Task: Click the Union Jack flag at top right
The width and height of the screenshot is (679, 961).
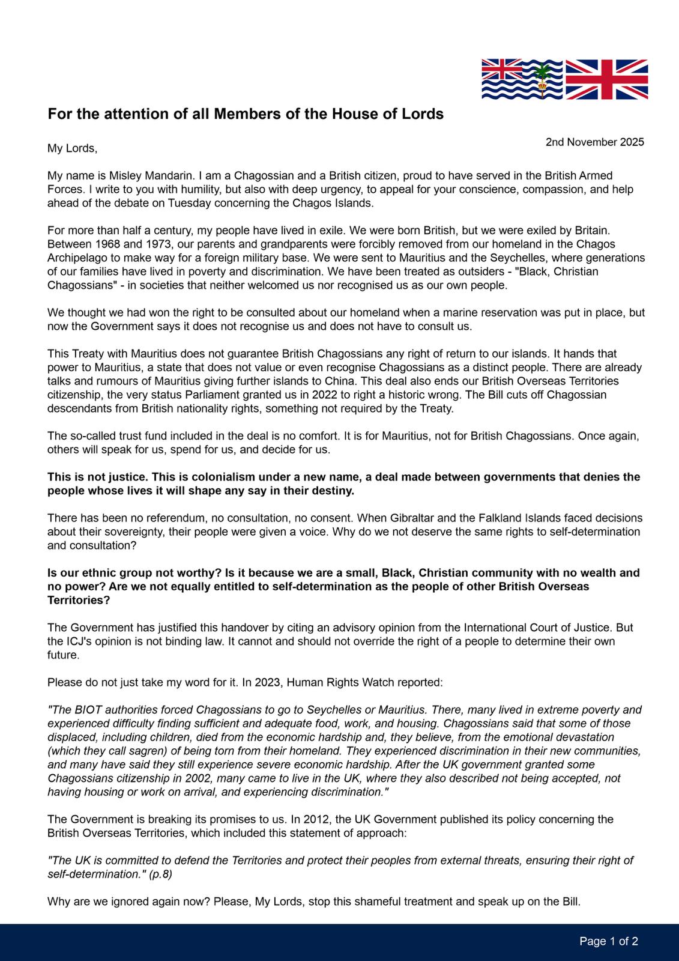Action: [607, 79]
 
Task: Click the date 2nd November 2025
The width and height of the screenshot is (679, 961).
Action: [594, 142]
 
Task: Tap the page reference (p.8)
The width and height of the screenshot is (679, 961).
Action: [160, 875]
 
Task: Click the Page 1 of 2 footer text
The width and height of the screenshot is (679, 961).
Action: [608, 941]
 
